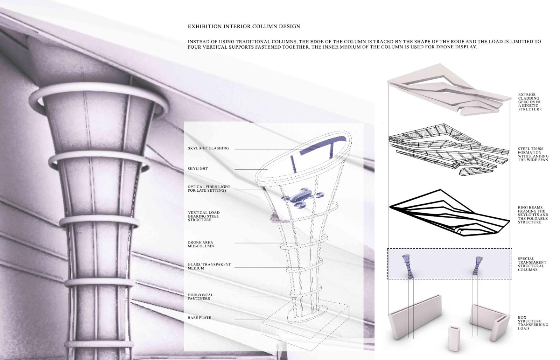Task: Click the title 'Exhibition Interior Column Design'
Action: coord(244,27)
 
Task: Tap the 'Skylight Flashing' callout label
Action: coord(208,148)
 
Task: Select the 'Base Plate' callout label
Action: coord(199,318)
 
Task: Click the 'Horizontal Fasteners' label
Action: coord(200,297)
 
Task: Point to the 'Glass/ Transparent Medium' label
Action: coord(209,266)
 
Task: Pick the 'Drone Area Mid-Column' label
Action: coord(201,244)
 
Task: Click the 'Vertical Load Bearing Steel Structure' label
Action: coord(204,216)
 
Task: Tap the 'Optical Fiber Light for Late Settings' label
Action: coord(209,189)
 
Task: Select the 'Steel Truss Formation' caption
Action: coord(533,154)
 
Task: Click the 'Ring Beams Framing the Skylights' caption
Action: coord(533,215)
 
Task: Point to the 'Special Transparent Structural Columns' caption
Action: coord(532,264)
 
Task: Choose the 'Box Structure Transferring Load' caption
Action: coord(533,323)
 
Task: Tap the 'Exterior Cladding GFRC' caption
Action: coord(530,102)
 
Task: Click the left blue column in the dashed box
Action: coord(407,266)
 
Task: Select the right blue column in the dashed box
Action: coord(477,266)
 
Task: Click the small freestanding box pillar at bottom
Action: coord(454,339)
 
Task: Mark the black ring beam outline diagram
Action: coord(449,213)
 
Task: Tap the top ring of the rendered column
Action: coord(99,99)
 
